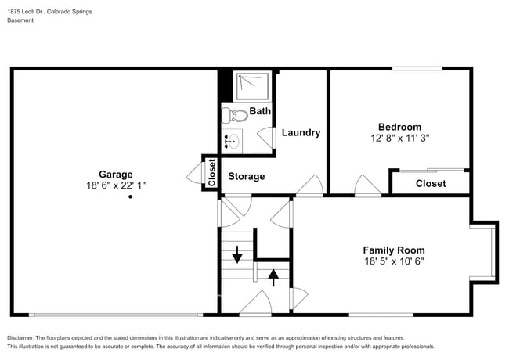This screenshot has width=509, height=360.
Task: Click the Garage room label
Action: coord(115,174)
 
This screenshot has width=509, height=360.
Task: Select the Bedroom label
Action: coord(399,127)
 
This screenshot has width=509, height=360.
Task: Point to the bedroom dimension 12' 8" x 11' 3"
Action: coord(399,138)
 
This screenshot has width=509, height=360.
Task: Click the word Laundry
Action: coord(301,133)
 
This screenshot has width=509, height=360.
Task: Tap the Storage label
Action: coord(246,177)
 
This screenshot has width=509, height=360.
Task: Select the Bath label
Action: coord(260,111)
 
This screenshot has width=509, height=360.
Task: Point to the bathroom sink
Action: coord(232,142)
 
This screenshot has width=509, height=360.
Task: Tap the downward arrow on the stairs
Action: coord(237,253)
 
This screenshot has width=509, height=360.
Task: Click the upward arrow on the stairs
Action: coord(273,276)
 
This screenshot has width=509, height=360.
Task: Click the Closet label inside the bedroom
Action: coord(430,183)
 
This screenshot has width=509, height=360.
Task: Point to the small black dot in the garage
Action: coord(131,197)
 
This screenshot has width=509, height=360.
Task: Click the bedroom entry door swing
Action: coord(366,185)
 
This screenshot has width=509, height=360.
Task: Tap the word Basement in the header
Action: coord(20,20)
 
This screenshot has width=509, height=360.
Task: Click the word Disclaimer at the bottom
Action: coord(24,337)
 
